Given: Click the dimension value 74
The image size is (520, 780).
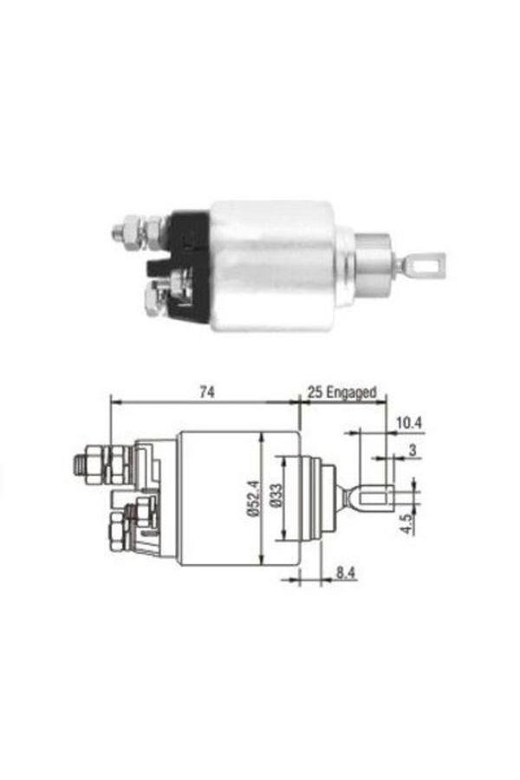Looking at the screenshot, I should (x=205, y=392).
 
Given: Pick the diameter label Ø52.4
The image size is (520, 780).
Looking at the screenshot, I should (x=250, y=499).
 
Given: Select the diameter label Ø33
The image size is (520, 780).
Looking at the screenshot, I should (x=274, y=499).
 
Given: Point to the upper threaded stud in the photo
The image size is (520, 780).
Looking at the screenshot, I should (x=130, y=232).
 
